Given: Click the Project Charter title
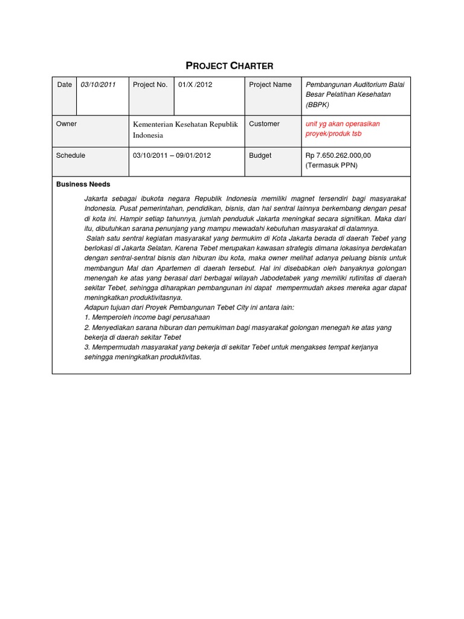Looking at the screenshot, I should click(231, 65).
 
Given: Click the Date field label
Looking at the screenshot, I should click(64, 85).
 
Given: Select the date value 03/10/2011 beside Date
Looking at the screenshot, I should click(97, 85).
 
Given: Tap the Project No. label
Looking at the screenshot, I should click(150, 85).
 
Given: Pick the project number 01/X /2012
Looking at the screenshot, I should click(195, 85).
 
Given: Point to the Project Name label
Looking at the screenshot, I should click(270, 85).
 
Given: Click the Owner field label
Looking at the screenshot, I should click(66, 124).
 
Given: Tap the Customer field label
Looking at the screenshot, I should click(264, 124).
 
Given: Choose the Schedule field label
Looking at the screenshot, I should click(71, 155).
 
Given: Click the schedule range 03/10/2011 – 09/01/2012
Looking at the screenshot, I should click(172, 155).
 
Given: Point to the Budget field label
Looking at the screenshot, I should click(260, 155).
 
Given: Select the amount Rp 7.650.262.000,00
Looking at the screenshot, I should click(338, 155).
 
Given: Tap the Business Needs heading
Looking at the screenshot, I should click(83, 184).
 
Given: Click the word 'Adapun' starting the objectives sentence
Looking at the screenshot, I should click(97, 308).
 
